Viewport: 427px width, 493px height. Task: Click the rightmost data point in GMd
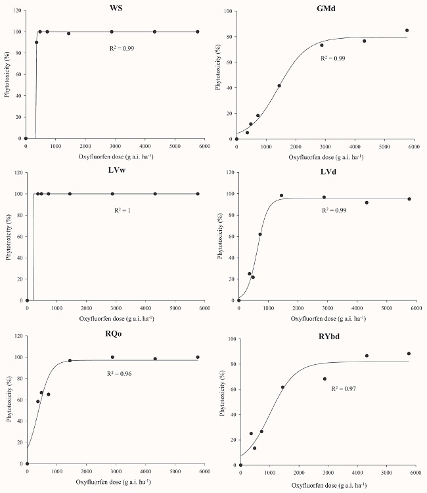point(407,30)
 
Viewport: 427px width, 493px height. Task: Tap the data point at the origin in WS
point(26,139)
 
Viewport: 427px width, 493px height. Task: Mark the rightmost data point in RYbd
point(409,354)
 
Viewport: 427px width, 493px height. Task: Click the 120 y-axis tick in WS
point(16,11)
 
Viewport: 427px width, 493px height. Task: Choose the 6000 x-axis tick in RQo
point(204,471)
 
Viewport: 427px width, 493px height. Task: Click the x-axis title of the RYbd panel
point(326,485)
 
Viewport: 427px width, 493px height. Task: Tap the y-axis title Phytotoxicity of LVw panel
point(7,237)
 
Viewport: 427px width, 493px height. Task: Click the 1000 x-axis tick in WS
point(55,146)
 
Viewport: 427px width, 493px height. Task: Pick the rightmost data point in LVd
point(409,199)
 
